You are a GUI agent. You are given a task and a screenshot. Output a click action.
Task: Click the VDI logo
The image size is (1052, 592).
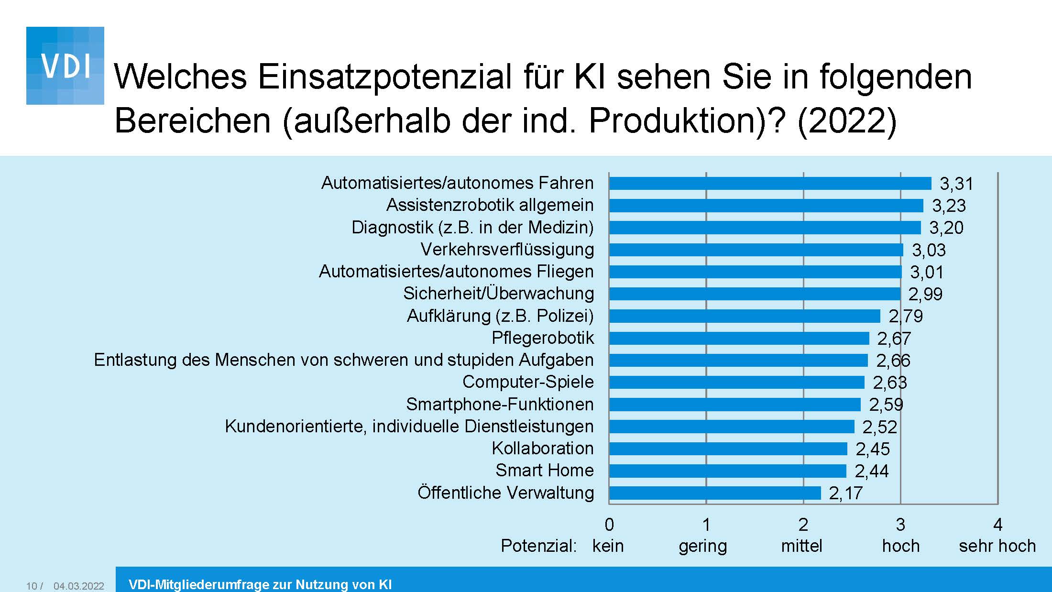[x=65, y=66]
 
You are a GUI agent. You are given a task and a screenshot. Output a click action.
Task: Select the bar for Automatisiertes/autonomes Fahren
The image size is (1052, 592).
[x=770, y=183]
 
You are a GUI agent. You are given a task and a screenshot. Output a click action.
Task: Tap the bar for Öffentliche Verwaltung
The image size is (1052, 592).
[x=715, y=493]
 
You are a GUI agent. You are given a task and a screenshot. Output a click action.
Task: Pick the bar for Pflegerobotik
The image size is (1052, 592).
[x=739, y=338]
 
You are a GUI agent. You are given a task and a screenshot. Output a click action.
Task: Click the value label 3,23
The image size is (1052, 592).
[x=949, y=206]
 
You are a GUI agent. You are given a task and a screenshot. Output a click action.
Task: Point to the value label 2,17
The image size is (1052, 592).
[x=845, y=493]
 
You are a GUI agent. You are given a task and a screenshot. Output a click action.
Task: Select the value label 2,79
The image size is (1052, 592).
[x=905, y=316]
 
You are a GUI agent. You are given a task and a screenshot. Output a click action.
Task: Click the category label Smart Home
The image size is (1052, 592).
[x=544, y=471]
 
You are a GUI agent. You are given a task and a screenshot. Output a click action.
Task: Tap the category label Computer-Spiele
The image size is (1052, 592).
[x=528, y=382]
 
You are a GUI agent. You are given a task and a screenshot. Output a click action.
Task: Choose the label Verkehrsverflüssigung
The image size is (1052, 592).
[x=507, y=250]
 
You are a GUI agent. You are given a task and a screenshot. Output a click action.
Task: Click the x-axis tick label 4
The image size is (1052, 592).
[x=997, y=525]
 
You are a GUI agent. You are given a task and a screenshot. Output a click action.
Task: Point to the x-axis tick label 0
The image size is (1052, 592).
[x=609, y=525]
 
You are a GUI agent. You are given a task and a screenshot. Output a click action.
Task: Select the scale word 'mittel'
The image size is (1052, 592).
[x=801, y=546]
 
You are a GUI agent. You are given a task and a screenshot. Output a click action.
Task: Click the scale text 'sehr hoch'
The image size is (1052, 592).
[x=997, y=546]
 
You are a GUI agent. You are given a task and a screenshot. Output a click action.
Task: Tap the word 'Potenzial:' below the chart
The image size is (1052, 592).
[x=538, y=546]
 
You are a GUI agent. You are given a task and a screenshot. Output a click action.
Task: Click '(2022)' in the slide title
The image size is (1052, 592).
[x=846, y=121]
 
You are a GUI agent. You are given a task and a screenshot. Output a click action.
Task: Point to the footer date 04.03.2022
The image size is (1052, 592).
[x=78, y=586]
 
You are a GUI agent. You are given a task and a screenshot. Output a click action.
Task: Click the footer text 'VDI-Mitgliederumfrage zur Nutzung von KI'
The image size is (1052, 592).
[x=260, y=584]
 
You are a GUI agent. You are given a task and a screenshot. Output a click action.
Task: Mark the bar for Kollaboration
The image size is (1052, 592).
[x=728, y=449]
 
